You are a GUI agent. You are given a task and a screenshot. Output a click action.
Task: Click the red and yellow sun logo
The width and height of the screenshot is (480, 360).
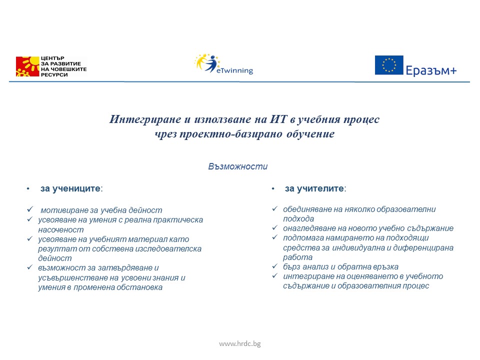click(x=27, y=66)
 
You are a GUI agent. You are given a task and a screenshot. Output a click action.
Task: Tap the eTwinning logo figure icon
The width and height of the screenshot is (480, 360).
click(x=207, y=62)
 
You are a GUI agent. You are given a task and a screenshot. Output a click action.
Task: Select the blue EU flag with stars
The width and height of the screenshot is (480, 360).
click(x=389, y=65)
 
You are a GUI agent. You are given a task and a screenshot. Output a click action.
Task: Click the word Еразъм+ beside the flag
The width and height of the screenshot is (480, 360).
click(x=431, y=70)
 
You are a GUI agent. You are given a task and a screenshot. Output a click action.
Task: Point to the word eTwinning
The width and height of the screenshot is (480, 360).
click(x=235, y=71)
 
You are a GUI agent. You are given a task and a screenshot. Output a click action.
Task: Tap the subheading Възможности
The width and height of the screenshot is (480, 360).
click(x=237, y=166)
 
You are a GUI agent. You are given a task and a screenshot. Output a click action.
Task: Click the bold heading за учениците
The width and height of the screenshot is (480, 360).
click(x=70, y=189)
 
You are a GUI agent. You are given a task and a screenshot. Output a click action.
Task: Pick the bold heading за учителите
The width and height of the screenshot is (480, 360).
click(x=314, y=188)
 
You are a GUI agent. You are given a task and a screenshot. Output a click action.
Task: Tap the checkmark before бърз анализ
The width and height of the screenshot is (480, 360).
click(x=274, y=266)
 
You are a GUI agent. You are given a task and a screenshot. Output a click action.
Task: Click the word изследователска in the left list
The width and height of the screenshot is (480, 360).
click(x=172, y=248)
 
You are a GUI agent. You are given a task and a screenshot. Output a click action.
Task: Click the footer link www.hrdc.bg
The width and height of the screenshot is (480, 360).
click(x=239, y=343)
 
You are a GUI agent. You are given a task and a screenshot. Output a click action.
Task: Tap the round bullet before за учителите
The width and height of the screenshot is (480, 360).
click(x=273, y=189)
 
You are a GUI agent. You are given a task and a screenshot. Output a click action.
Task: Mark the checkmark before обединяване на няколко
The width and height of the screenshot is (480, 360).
click(x=274, y=209)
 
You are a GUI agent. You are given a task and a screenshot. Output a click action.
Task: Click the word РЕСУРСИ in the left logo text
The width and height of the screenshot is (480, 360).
click(x=53, y=74)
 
